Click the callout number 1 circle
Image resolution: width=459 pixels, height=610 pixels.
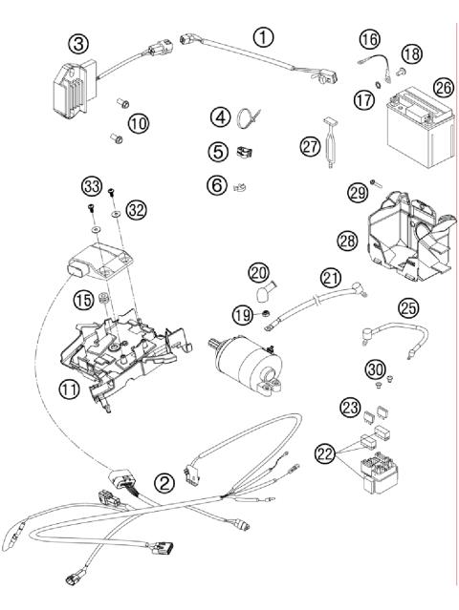click(x=263, y=36)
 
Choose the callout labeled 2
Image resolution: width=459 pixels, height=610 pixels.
click(x=165, y=483)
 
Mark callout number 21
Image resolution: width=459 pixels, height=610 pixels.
click(x=330, y=277)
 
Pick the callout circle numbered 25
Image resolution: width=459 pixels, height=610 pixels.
click(x=408, y=308)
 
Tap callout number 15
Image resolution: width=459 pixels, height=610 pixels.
click(x=83, y=300)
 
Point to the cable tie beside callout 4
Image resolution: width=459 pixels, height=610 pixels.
click(x=251, y=119)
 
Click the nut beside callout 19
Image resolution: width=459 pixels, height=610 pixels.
click(x=264, y=312)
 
